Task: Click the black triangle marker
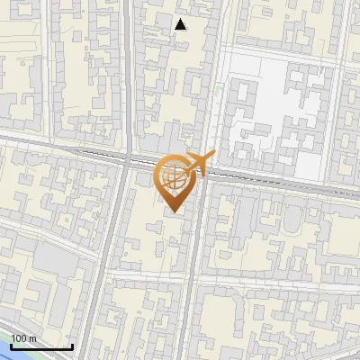(181, 24)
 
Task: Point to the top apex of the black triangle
(181, 19)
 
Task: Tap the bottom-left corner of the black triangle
(175, 30)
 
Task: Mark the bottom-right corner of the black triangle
(186, 30)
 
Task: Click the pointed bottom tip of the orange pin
(173, 213)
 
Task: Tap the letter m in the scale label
(33, 338)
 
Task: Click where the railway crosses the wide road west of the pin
(122, 161)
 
